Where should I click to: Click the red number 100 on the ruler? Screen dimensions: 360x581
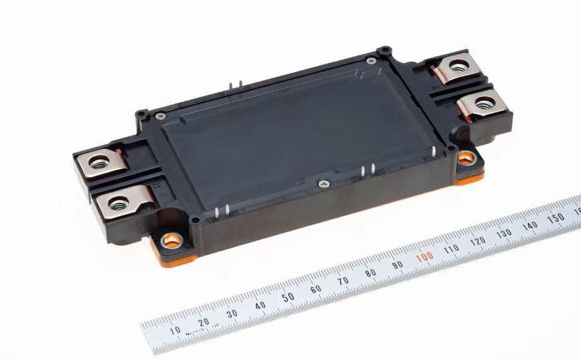424,256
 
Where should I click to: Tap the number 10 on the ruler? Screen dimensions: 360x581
175,330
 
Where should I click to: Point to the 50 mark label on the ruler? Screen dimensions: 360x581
289,297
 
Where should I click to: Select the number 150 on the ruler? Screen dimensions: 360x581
557,218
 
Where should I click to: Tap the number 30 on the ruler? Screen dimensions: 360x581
232,313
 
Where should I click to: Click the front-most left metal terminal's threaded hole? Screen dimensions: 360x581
118,203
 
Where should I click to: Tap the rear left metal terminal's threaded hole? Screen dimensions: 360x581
99,163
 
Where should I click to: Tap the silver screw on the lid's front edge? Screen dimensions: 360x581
325,183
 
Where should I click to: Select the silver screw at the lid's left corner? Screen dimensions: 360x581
160,116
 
